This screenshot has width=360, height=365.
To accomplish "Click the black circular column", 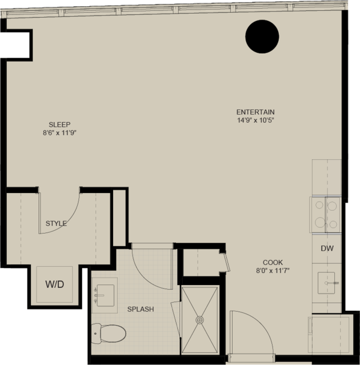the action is [x=262, y=37].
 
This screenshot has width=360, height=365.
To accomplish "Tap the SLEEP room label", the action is [x=59, y=125].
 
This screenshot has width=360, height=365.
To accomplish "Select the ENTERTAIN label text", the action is [x=255, y=112].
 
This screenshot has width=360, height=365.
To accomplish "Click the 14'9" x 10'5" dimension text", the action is [x=255, y=121].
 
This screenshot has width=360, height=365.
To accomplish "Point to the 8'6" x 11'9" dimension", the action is [x=60, y=133].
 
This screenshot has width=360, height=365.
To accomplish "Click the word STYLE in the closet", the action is [x=56, y=223].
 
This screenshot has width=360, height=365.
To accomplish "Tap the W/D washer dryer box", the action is [x=54, y=284].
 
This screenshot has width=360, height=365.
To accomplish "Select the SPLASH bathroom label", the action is [x=141, y=309].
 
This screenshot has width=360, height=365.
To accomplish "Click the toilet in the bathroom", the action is [x=109, y=334].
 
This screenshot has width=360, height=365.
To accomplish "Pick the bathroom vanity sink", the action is [x=105, y=295].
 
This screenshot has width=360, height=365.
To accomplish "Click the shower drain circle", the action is [x=199, y=320].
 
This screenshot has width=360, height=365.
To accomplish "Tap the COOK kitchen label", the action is [x=273, y=263].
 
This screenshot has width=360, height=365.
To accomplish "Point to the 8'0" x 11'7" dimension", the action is [x=273, y=271].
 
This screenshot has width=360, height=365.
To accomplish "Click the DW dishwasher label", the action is [x=327, y=248].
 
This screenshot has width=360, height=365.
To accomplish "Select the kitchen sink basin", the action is [x=326, y=283].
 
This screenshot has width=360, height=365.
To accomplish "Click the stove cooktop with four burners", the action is [x=325, y=215].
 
